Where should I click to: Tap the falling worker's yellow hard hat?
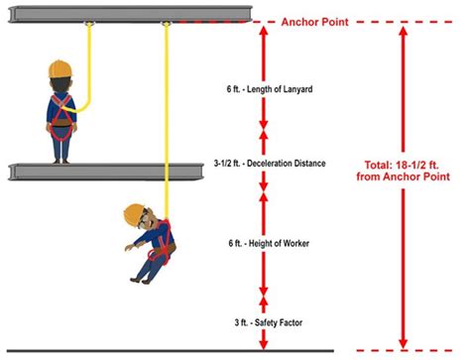[x=135, y=211]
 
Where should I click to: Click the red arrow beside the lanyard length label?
[x=263, y=79]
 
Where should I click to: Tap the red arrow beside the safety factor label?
[x=263, y=322]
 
